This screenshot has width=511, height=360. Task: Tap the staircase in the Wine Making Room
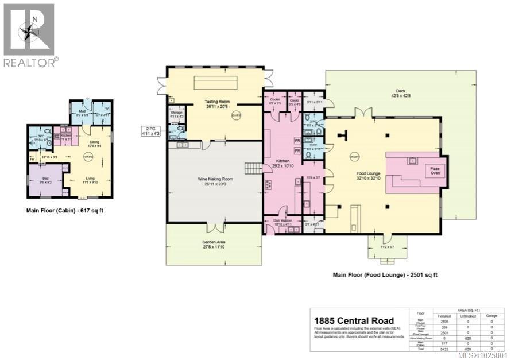click(x=253, y=168)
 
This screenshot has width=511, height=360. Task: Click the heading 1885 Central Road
click(x=353, y=320)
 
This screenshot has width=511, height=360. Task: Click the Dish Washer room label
click(x=281, y=222)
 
